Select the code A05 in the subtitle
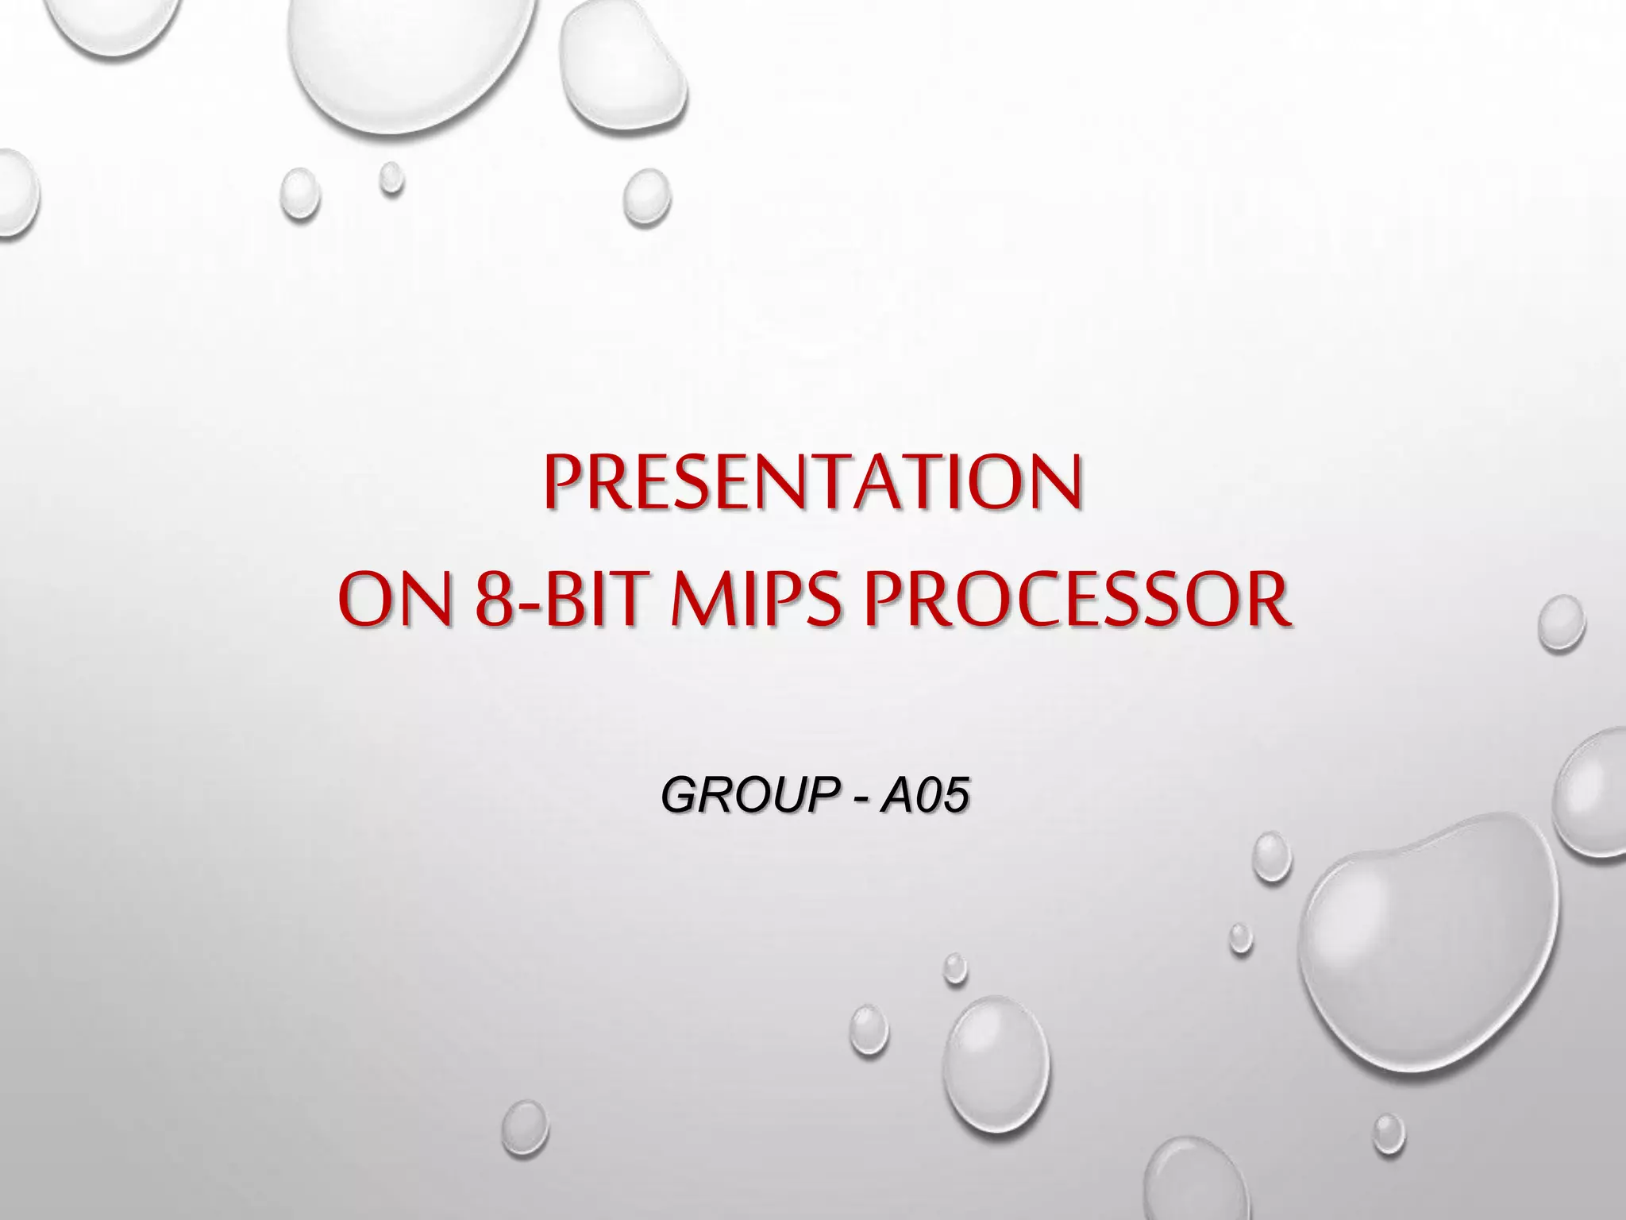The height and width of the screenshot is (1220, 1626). point(925,796)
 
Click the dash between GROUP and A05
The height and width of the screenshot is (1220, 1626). point(861,797)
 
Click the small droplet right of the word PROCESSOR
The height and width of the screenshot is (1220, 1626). point(1560,624)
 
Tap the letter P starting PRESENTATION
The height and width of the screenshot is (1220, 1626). point(562,483)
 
